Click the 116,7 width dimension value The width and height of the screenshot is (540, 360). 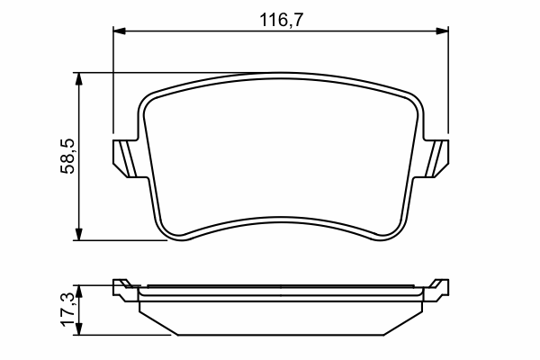point(282,20)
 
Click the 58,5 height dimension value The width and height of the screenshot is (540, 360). point(67,156)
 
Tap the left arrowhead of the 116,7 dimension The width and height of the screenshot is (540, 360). point(119,31)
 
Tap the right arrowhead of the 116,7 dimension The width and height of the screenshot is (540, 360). point(443,31)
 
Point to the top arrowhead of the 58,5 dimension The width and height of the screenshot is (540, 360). point(79,79)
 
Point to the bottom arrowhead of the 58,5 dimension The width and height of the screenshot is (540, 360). point(79,234)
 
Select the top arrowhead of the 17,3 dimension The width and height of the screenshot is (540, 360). point(79,291)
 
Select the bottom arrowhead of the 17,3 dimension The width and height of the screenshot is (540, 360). point(79,328)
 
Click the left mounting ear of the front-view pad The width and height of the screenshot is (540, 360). point(126,158)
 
